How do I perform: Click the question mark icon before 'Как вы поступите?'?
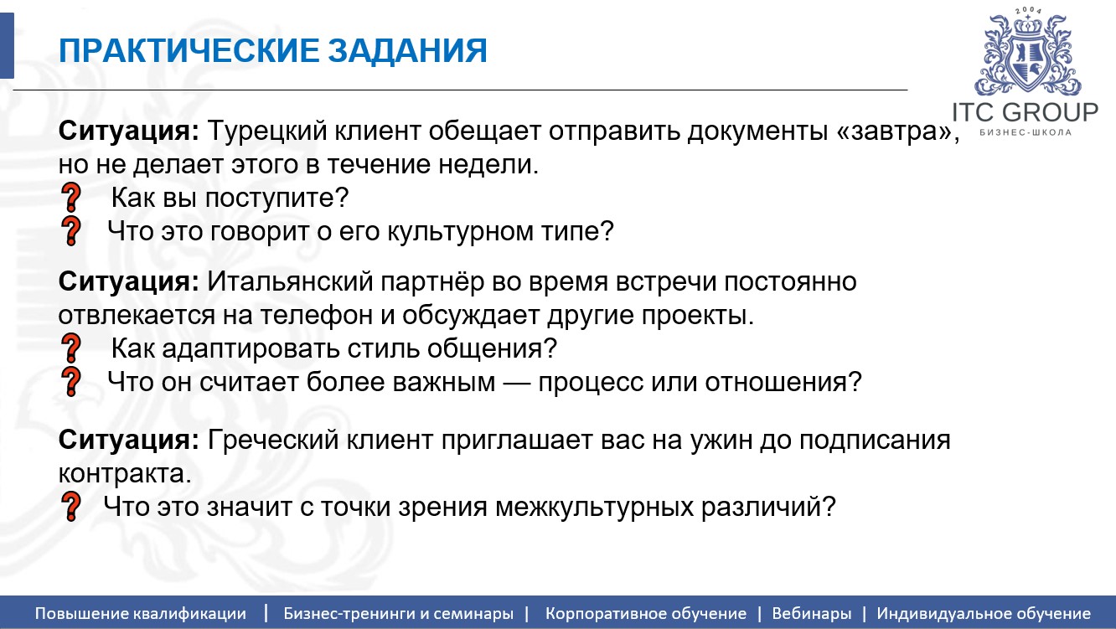[x=72, y=198]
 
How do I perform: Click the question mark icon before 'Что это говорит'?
[x=72, y=231]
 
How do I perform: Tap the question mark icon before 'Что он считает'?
[x=72, y=382]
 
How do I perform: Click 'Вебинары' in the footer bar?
[x=811, y=613]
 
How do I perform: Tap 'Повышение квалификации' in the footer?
[x=141, y=613]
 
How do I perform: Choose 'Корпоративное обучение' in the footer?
[x=645, y=613]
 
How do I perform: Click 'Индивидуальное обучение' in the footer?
[x=984, y=613]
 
